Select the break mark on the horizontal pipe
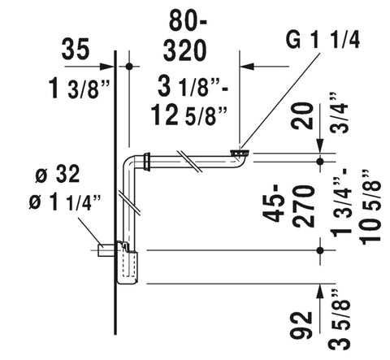192,159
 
